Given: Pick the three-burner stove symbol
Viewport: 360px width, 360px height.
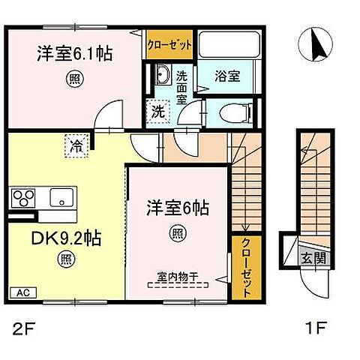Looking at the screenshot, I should tap(22, 199).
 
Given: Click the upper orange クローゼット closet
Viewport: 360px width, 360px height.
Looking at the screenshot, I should tap(169, 44).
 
